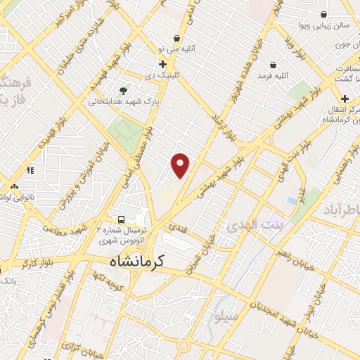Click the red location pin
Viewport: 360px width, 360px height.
click(181, 165)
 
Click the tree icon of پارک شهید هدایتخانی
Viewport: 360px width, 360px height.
click(124, 90)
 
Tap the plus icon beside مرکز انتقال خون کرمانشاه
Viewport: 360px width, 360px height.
click(345, 98)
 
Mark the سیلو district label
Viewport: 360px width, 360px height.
click(227, 317)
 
